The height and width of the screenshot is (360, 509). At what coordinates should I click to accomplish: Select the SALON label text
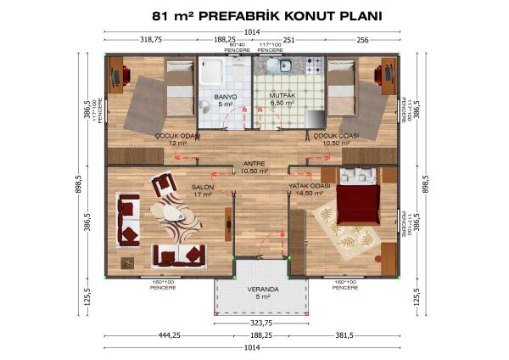pyautogui.click(x=202, y=187)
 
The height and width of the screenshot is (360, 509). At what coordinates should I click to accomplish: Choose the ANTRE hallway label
pyautogui.click(x=254, y=163)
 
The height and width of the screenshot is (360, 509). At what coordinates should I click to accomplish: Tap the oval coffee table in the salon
pyautogui.click(x=176, y=213)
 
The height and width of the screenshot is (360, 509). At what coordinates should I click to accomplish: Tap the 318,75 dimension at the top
pyautogui.click(x=150, y=39)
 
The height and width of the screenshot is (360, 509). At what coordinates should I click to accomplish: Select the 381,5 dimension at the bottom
pyautogui.click(x=344, y=335)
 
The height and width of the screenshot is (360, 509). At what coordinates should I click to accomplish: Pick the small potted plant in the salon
pyautogui.click(x=127, y=262)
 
